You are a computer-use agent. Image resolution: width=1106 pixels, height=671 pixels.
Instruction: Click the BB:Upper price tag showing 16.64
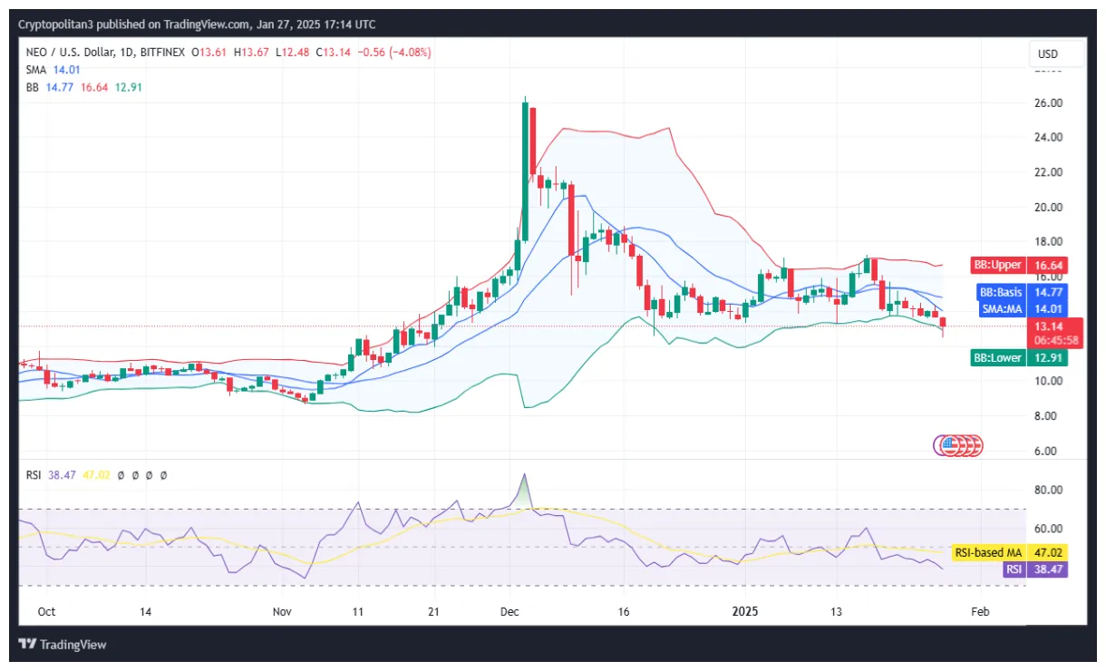coord(1020,266)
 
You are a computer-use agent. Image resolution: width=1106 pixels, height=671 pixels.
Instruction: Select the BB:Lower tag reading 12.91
coord(1020,358)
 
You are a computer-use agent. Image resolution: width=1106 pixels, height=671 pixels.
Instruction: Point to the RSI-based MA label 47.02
coord(1009,551)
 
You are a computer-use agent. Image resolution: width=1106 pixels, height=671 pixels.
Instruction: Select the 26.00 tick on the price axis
coord(1049,103)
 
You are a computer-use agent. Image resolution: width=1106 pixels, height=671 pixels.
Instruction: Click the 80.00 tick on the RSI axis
coord(1049,490)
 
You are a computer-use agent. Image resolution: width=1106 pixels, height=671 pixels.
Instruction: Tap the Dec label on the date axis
coord(509,612)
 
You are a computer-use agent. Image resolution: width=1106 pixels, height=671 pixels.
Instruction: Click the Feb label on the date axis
coord(979,612)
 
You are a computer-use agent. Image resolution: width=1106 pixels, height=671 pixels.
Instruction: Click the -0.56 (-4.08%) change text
coord(395,53)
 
